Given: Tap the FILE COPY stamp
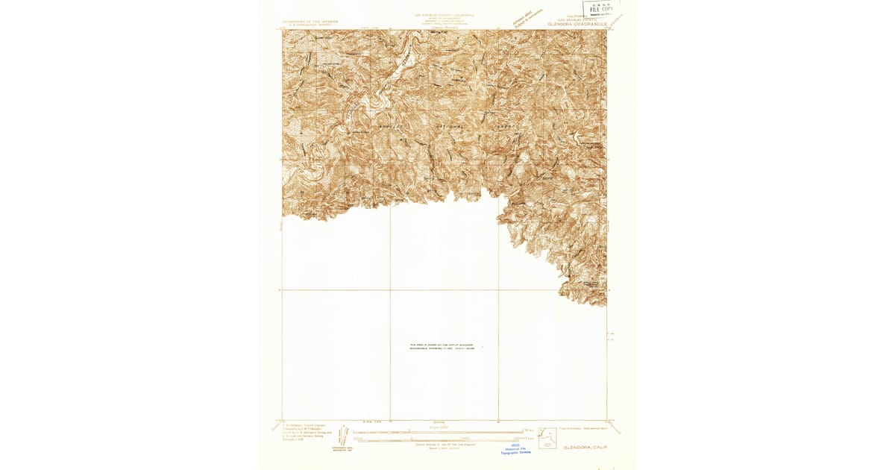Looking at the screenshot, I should tap(601, 10).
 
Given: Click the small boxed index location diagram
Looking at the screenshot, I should tap(547, 438).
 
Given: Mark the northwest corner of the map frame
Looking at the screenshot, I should tap(283, 31).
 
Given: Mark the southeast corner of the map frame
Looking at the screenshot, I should tap(606, 419).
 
